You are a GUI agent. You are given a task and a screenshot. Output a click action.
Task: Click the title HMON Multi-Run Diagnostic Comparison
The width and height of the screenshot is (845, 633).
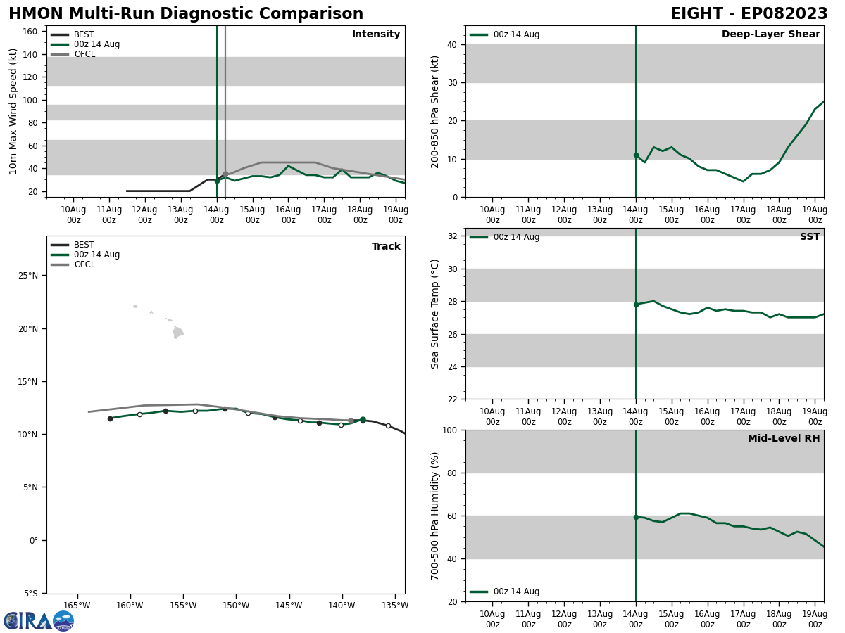coord(186,14)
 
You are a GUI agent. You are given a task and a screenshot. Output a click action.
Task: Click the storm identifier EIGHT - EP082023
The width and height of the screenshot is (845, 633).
coord(749,14)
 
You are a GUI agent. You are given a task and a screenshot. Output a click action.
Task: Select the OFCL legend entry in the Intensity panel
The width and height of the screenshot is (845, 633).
coord(84,54)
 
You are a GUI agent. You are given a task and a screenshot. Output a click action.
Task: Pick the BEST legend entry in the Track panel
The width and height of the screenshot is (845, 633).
coord(84,245)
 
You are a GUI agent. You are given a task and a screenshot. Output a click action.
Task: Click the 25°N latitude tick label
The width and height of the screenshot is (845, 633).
coord(28,276)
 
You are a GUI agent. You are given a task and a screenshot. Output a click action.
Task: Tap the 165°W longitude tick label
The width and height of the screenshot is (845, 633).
coord(77,606)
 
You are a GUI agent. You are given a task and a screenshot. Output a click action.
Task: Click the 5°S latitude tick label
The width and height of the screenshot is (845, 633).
coord(31,594)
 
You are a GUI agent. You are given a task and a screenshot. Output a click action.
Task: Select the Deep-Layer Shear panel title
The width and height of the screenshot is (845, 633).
coord(770,34)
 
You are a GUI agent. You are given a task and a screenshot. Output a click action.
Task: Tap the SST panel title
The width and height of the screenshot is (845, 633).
coord(810,237)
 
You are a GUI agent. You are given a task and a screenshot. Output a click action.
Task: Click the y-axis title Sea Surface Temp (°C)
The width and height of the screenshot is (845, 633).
coord(436,314)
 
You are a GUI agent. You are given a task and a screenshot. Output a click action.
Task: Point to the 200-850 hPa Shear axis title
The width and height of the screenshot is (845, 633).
coord(436,112)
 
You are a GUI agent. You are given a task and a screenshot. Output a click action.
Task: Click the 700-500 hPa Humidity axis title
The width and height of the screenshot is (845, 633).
coord(436,516)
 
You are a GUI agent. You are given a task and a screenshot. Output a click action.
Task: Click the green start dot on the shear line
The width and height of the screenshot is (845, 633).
coord(636,155)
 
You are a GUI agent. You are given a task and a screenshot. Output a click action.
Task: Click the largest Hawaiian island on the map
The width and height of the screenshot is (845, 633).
coord(177,333)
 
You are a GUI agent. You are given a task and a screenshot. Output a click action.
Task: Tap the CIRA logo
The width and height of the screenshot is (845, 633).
coord(38,621)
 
